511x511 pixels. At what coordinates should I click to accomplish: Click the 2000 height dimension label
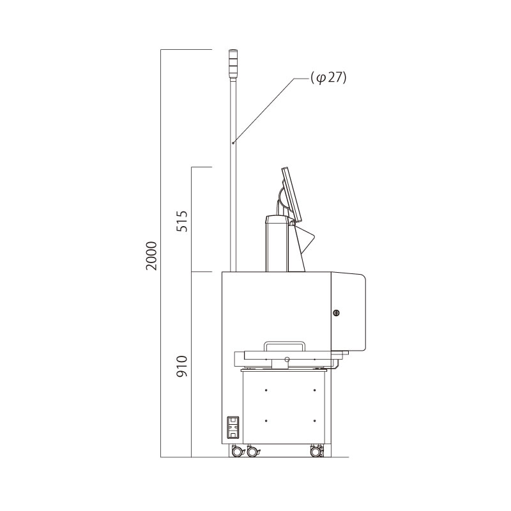click(x=151, y=256)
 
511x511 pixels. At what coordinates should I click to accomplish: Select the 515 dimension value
click(x=182, y=221)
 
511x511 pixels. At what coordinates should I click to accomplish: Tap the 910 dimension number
click(x=182, y=366)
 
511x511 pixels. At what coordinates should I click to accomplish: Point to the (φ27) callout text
click(x=328, y=79)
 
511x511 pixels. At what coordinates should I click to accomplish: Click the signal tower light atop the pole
click(x=233, y=65)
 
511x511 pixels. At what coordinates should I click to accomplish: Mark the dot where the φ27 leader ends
click(x=233, y=142)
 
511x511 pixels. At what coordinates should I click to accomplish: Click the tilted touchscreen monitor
click(x=291, y=194)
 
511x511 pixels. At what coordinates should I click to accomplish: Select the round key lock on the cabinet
click(x=336, y=313)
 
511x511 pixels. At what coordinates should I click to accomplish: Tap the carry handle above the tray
click(x=284, y=346)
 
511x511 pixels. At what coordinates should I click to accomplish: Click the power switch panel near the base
click(x=233, y=427)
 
